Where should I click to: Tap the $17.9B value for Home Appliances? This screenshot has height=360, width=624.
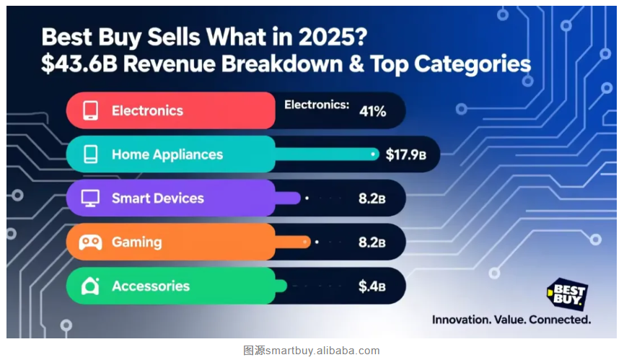(x=405, y=154)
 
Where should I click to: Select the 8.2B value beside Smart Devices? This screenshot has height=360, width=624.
(x=372, y=198)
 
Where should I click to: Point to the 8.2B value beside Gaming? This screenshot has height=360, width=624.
(x=372, y=242)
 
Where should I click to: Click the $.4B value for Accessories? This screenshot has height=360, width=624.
(x=372, y=286)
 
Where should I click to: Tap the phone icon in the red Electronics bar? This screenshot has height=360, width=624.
(x=90, y=110)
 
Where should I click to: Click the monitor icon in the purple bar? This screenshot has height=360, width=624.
(x=90, y=198)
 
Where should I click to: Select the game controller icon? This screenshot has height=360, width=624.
(x=90, y=242)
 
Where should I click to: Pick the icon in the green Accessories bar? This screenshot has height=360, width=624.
(x=90, y=286)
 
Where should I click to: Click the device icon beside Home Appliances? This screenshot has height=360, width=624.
(x=90, y=154)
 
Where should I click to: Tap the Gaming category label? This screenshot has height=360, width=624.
(x=136, y=242)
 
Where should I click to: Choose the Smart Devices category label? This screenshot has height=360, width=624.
(x=157, y=198)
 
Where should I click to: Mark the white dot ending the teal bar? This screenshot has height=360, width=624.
(x=373, y=154)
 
